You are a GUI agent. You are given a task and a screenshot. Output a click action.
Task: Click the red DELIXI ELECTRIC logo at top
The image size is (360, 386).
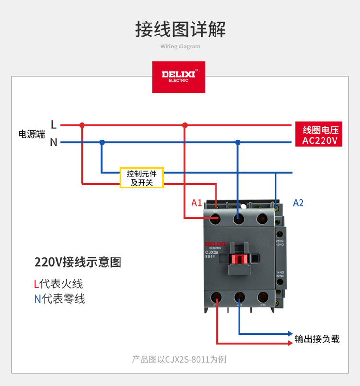pyautogui.click(x=179, y=77)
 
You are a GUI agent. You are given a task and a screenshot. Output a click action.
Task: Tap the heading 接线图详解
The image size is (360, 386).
pyautogui.click(x=180, y=29)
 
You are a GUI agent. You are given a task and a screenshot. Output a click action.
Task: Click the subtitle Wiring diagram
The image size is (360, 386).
pyautogui.click(x=180, y=47)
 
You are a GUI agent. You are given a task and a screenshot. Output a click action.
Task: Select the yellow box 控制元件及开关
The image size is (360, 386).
pyautogui.click(x=142, y=178)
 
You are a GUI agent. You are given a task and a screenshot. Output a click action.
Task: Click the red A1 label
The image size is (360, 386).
pyautogui.click(x=197, y=203)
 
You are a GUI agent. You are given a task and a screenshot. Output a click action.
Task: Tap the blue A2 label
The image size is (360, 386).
pyautogui.click(x=298, y=203)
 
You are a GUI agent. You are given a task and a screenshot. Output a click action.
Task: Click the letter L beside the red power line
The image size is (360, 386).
pyautogui.click(x=54, y=125)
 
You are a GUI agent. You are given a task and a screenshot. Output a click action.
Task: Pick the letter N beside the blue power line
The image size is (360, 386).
pyautogui.click(x=54, y=142)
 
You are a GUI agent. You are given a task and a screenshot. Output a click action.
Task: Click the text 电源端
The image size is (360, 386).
pyautogui.click(x=32, y=134)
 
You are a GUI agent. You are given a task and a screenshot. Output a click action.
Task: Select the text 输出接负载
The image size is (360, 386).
pyautogui.click(x=317, y=339)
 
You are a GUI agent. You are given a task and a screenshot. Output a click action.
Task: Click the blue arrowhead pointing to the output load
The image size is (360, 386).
pyautogui.click(x=290, y=334)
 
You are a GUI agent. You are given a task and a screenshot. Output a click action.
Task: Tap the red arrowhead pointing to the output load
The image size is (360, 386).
pyautogui.click(x=290, y=343)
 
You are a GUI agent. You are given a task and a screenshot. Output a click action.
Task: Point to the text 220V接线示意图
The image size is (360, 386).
pyautogui.click(x=78, y=262)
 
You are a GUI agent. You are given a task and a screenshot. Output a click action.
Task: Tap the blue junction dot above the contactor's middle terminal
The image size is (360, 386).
pyautogui.click(x=238, y=142)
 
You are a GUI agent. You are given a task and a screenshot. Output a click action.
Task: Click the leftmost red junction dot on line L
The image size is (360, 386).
pyautogui.click(x=82, y=125)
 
